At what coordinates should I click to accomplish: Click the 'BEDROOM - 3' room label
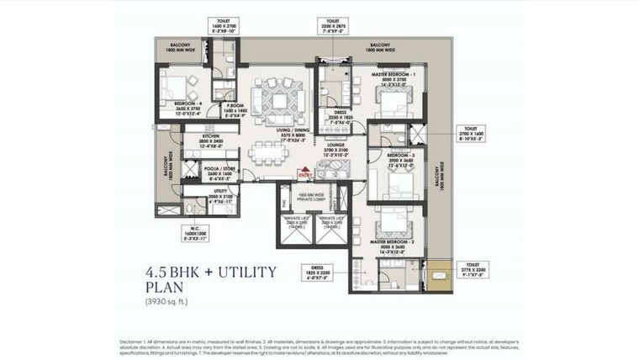pyautogui.click(x=400, y=156)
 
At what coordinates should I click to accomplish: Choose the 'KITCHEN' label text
pyautogui.click(x=187, y=135)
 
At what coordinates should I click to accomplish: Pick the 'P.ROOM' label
pyautogui.click(x=235, y=107)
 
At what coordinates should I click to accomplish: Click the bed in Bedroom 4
pyautogui.click(x=177, y=86)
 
